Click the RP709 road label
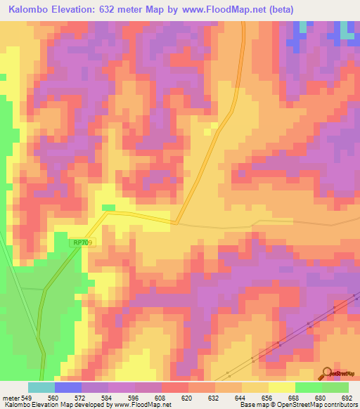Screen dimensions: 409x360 coord(82,242)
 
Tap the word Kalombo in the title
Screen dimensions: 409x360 coord(30,10)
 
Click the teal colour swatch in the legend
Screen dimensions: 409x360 coord(41,387)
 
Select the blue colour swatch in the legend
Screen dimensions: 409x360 coord(68,387)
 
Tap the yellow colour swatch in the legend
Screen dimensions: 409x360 coord(282,387)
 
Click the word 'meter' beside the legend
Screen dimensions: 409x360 coord(10,397)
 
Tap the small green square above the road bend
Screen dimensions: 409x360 coord(108,207)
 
